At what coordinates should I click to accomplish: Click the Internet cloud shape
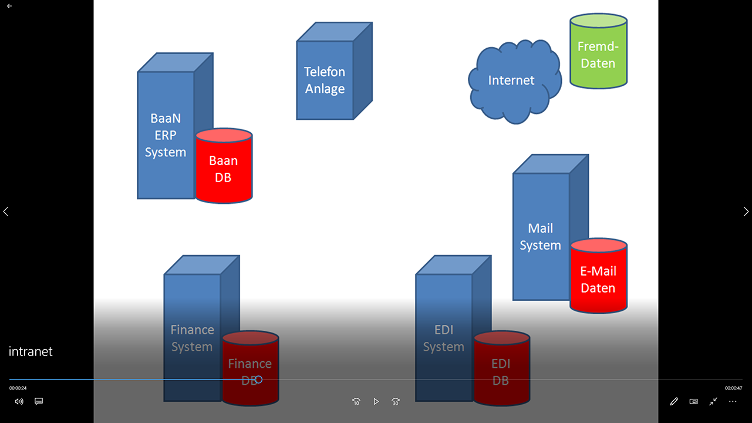(x=512, y=80)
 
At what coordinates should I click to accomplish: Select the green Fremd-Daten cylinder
(x=598, y=55)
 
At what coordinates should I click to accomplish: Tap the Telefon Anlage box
(x=325, y=80)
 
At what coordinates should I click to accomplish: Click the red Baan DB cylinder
(x=224, y=169)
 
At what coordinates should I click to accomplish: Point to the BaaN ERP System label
(x=166, y=135)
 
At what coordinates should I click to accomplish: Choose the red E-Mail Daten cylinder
(x=598, y=280)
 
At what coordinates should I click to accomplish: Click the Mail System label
(x=540, y=237)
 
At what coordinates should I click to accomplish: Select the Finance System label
(x=192, y=338)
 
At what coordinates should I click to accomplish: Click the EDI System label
(x=444, y=338)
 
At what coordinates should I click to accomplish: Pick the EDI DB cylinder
(x=501, y=372)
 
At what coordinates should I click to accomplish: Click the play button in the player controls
(x=376, y=402)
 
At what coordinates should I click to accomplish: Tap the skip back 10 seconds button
(x=356, y=402)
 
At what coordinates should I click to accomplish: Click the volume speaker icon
(x=19, y=402)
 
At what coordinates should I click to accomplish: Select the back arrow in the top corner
(x=9, y=6)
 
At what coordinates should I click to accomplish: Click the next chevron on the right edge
(x=746, y=211)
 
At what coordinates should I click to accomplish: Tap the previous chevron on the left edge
(x=6, y=211)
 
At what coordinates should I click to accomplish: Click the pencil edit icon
(x=674, y=402)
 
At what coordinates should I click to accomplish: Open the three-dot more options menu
(x=733, y=402)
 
